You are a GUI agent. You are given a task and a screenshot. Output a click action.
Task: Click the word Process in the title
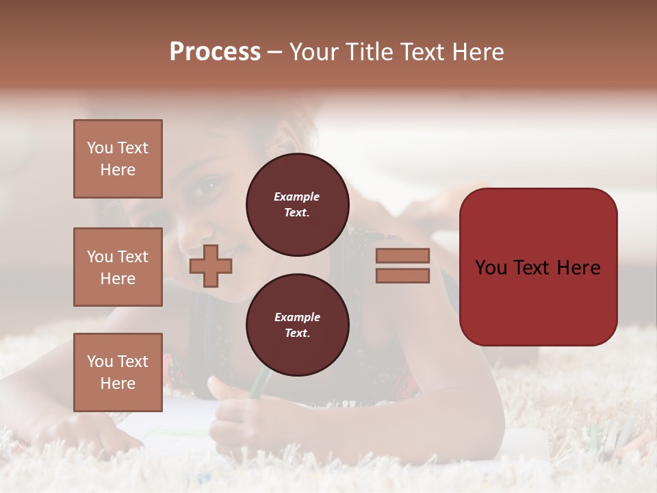(x=215, y=52)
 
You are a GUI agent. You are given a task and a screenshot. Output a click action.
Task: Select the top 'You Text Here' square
(x=118, y=159)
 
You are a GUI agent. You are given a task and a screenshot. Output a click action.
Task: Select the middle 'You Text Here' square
(x=118, y=267)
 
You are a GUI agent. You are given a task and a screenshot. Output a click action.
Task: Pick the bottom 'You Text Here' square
(x=118, y=372)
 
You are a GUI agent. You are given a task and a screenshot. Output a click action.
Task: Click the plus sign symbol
(x=210, y=266)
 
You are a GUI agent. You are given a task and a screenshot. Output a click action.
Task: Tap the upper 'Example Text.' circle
(x=297, y=205)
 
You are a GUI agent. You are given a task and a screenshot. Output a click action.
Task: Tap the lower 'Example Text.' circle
(x=297, y=325)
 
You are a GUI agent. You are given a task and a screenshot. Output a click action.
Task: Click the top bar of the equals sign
(x=402, y=255)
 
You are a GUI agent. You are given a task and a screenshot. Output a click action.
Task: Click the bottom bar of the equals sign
(x=402, y=275)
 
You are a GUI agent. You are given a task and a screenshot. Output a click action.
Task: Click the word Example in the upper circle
(x=297, y=197)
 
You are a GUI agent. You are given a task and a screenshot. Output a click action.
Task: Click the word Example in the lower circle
(x=297, y=317)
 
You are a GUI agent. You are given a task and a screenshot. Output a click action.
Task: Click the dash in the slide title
(x=275, y=52)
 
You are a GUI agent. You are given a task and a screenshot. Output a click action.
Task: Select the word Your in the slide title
(x=313, y=52)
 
